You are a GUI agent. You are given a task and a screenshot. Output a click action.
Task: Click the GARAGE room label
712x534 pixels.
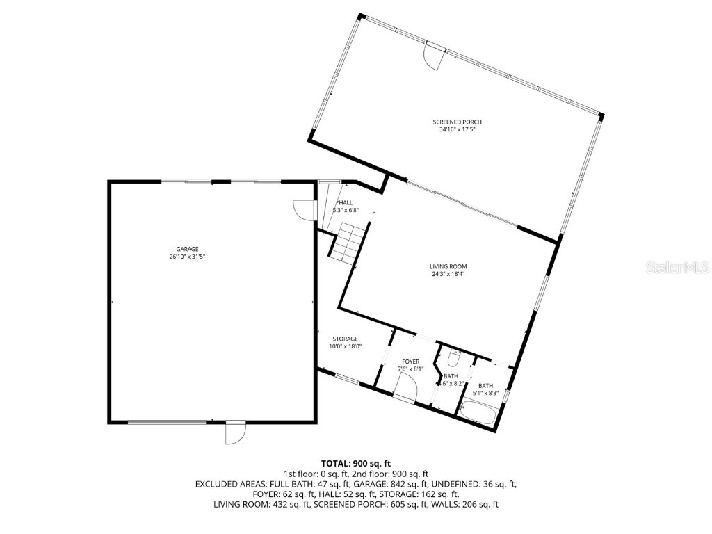coord(187,249)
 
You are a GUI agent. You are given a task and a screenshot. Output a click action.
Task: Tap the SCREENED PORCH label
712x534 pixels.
coord(457,122)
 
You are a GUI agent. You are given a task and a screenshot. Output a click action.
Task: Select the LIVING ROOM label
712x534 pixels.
coord(448,266)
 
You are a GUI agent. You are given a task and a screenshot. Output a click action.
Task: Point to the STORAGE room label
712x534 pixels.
coord(344,339)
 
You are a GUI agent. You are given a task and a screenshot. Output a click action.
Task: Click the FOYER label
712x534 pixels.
coord(410,362)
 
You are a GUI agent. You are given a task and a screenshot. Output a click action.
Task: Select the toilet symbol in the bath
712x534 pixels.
coord(453,359)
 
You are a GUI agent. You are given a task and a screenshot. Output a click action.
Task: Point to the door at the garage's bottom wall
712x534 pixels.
coord(235,432)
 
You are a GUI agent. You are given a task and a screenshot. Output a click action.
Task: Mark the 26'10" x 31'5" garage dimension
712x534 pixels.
coord(187,257)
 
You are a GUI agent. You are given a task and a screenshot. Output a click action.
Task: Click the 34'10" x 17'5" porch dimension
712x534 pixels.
coord(457,129)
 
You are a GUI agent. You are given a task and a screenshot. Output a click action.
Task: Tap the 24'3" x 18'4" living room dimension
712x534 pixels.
coord(448,274)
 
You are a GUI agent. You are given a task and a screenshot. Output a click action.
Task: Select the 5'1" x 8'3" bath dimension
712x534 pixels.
coord(485,394)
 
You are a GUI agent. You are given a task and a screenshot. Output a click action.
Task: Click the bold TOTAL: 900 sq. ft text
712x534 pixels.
coord(355,463)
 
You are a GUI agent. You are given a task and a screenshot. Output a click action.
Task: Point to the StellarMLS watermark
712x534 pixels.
coord(686,267)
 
